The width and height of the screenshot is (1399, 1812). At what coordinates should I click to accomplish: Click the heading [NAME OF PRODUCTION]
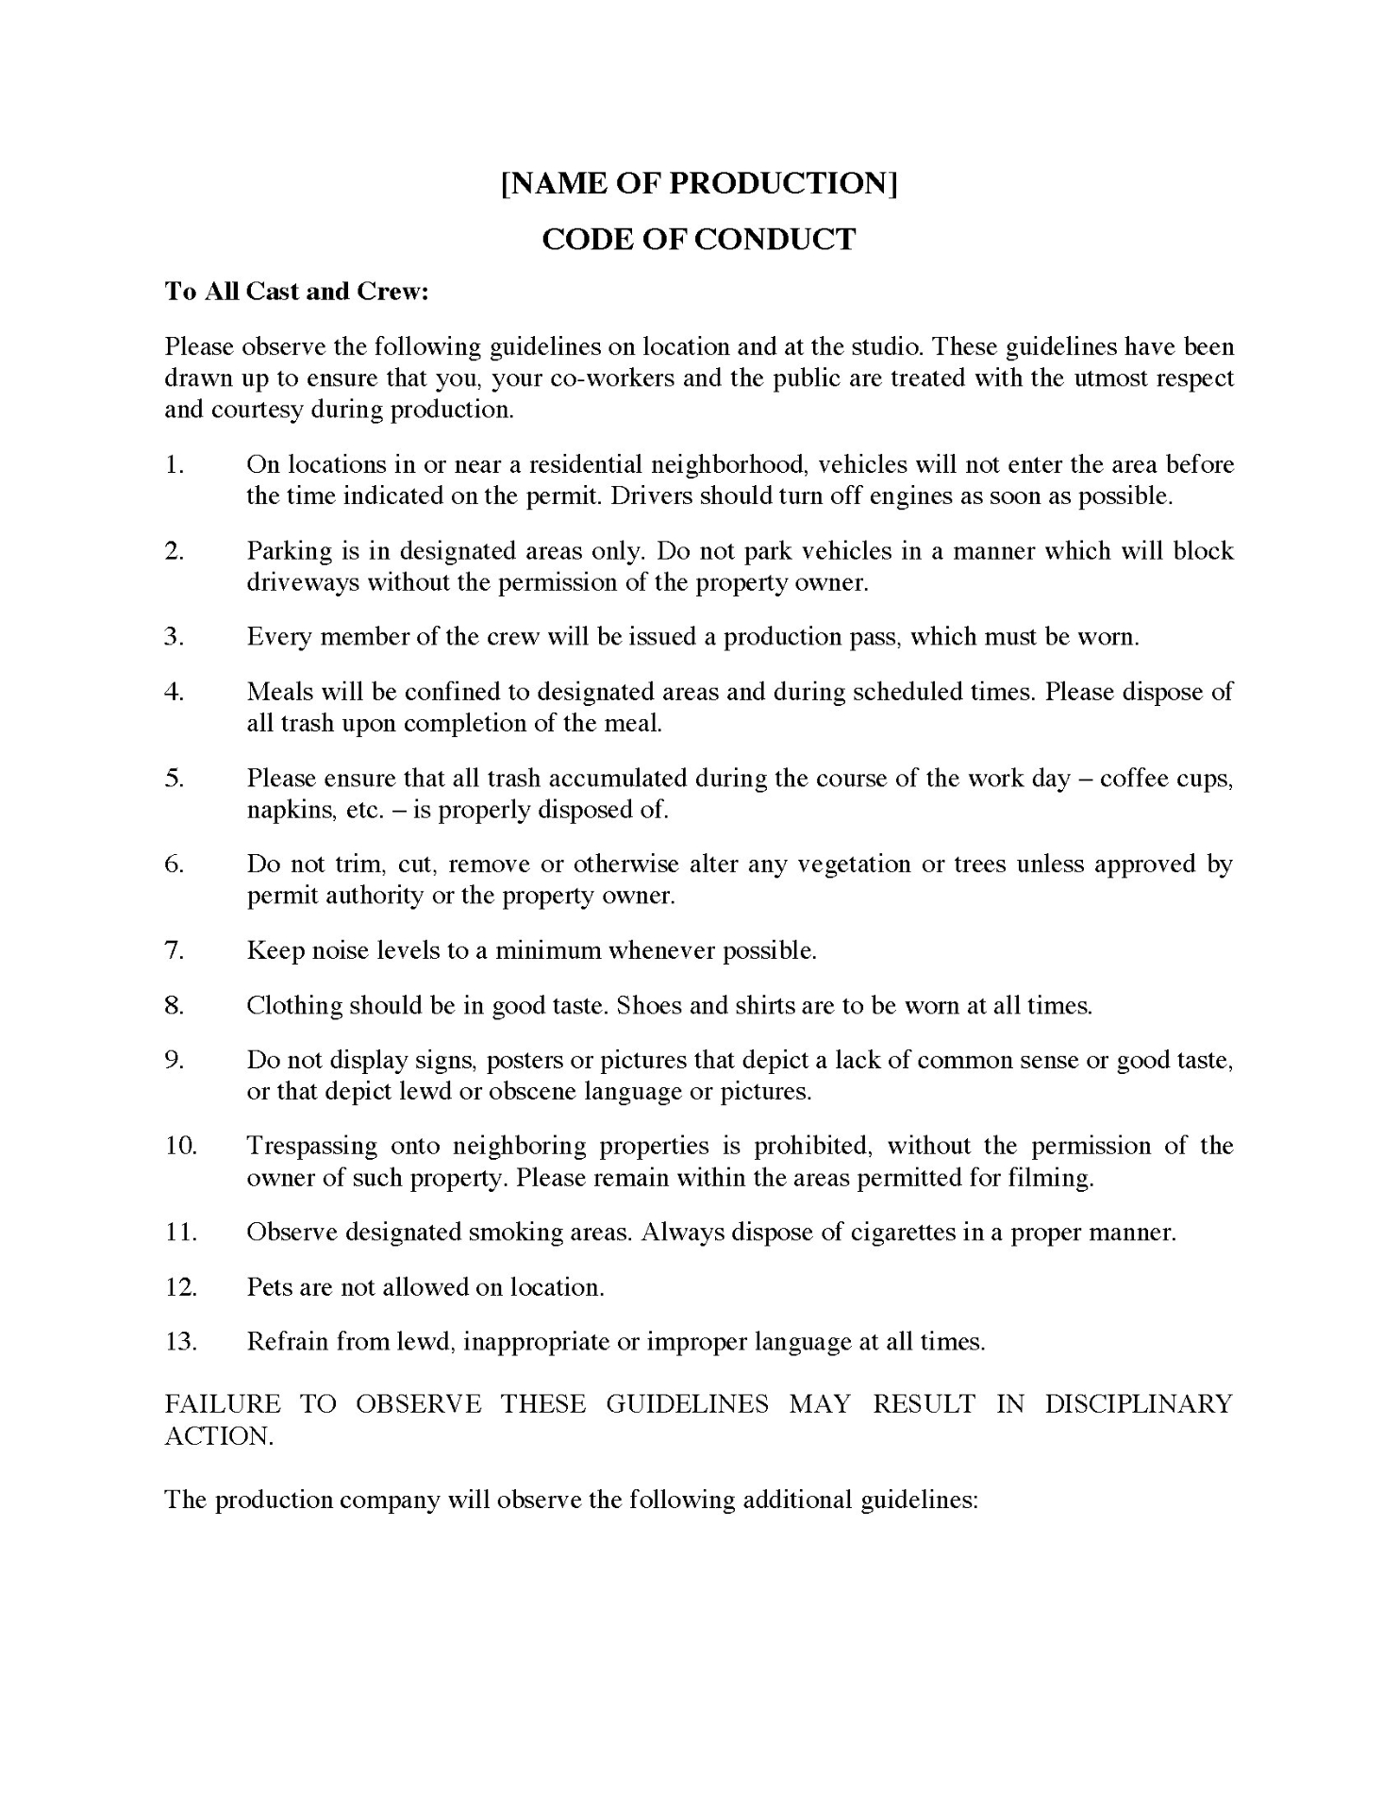(698, 183)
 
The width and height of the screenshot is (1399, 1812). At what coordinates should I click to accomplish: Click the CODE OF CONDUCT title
(698, 239)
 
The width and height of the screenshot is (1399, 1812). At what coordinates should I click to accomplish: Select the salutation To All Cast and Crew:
(297, 292)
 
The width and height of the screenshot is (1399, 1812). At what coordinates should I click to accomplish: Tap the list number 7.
(174, 950)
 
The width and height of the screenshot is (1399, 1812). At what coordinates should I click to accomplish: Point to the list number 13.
(180, 1341)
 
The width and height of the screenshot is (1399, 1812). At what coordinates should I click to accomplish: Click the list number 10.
(180, 1146)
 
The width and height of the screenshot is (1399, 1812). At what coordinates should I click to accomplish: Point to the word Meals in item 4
(280, 692)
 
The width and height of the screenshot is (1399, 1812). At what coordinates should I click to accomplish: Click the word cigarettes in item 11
(901, 1233)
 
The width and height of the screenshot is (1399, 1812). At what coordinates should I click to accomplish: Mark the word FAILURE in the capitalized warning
(223, 1403)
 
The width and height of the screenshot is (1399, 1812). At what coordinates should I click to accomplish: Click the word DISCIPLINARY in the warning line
(1139, 1403)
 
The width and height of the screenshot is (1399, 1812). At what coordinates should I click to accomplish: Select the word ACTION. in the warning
(219, 1435)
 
